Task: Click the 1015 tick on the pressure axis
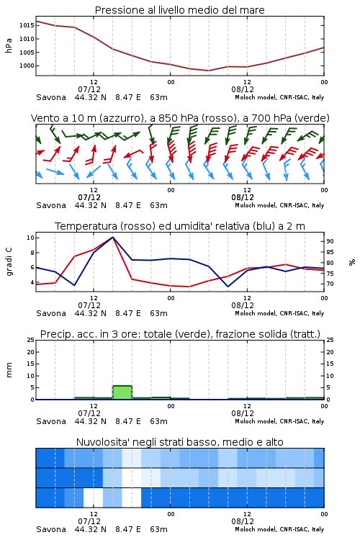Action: pyautogui.click(x=27, y=25)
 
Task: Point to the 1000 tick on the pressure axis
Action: pyautogui.click(x=27, y=66)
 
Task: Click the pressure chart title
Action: pyautogui.click(x=180, y=10)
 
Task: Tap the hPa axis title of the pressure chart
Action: pyautogui.click(x=9, y=45)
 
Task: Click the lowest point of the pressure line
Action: pyautogui.click(x=208, y=71)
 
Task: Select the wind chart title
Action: pyautogui.click(x=180, y=118)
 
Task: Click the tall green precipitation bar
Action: pyautogui.click(x=122, y=392)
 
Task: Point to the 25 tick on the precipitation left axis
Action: pyautogui.click(x=31, y=340)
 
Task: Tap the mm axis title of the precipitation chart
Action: pyautogui.click(x=9, y=370)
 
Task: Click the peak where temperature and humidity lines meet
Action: pyautogui.click(x=112, y=237)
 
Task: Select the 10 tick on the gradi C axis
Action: pyautogui.click(x=31, y=238)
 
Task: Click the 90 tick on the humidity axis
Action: pyautogui.click(x=330, y=241)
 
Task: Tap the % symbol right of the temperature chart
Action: pyautogui.click(x=352, y=262)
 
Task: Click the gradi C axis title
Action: pyautogui.click(x=9, y=261)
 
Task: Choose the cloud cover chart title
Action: pyautogui.click(x=180, y=442)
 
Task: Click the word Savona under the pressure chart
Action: pyautogui.click(x=51, y=97)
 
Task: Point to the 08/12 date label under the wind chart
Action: pyautogui.click(x=243, y=197)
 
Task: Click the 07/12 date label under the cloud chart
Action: pyautogui.click(x=89, y=521)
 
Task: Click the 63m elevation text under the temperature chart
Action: pyautogui.click(x=159, y=313)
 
